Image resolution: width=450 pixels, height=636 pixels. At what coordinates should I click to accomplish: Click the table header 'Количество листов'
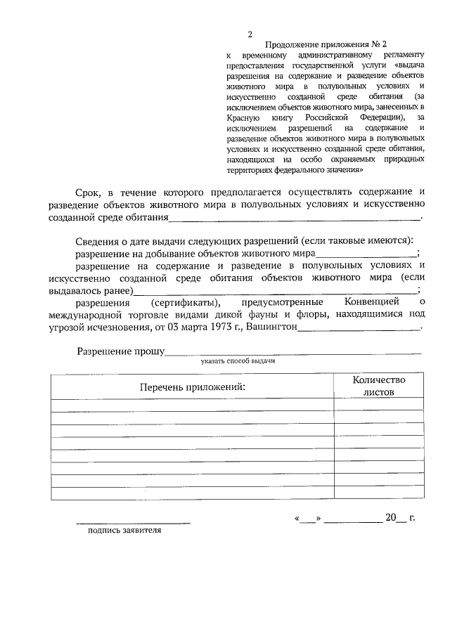(379, 386)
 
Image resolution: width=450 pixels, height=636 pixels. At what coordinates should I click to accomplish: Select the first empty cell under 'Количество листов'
(379, 404)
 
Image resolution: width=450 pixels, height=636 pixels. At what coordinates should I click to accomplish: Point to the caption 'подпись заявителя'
(124, 531)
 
